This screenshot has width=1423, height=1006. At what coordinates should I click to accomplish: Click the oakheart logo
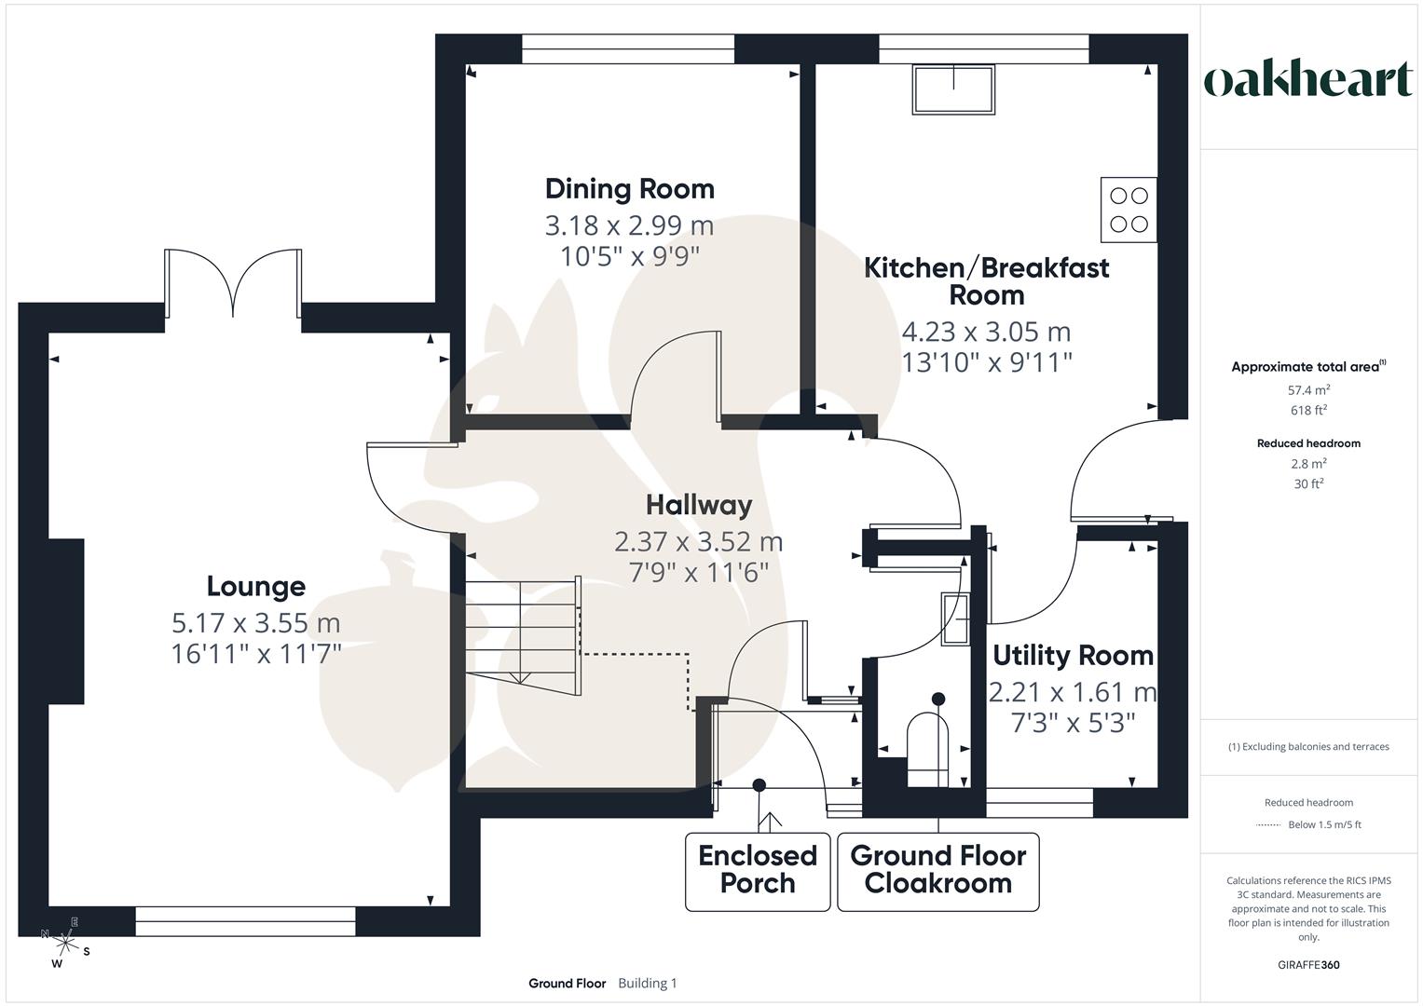click(x=1308, y=80)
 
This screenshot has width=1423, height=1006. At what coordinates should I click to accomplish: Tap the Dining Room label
click(x=629, y=189)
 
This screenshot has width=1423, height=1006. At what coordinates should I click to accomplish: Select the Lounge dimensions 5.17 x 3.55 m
click(x=255, y=622)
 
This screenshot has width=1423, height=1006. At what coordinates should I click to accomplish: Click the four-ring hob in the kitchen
click(x=1129, y=210)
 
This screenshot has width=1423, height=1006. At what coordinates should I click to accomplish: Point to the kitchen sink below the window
click(x=953, y=89)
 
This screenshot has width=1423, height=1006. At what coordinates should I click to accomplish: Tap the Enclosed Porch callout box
click(x=757, y=870)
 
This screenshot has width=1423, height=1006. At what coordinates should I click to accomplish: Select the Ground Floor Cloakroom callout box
click(x=937, y=870)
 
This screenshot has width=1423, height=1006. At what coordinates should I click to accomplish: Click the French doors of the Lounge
click(x=232, y=284)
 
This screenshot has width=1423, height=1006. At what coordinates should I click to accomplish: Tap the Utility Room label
click(x=1073, y=656)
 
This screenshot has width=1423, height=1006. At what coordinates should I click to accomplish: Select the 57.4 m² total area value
click(x=1308, y=390)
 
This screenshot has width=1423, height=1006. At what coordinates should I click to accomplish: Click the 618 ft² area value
click(x=1308, y=410)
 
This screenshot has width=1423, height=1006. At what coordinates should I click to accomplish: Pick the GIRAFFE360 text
click(x=1308, y=965)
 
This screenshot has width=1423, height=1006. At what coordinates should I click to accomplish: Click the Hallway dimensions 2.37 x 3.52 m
click(x=698, y=541)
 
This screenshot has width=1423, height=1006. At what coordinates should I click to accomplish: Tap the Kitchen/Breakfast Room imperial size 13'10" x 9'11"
click(x=986, y=362)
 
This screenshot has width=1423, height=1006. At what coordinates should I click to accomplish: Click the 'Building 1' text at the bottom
click(x=647, y=983)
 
